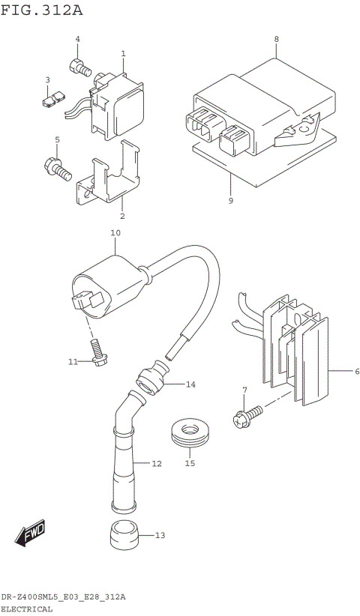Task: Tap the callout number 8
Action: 276,39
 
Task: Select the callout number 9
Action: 231,201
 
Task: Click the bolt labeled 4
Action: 80,68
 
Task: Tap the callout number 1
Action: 123,53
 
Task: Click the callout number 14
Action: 190,384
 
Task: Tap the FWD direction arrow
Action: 30,534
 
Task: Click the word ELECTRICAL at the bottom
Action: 27,609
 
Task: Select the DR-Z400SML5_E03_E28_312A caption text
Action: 63,597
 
